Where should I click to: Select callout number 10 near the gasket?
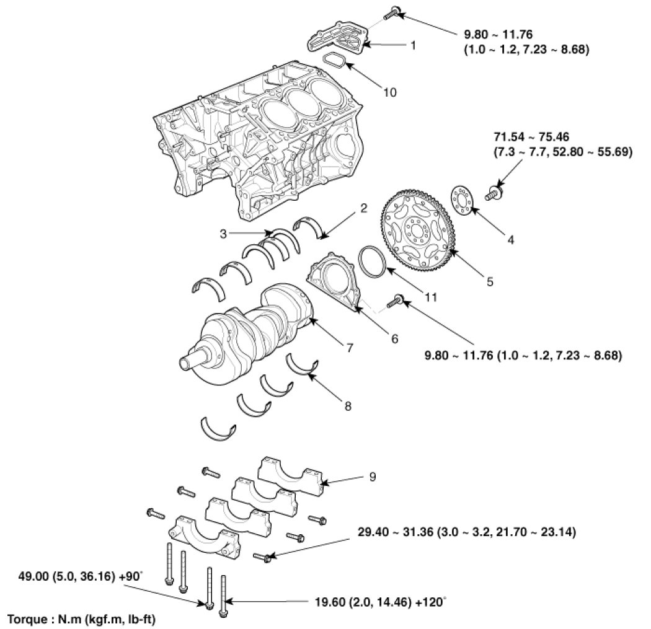pos(389,92)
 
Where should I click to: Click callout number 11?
pos(430,297)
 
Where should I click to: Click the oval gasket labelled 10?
pos(335,63)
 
